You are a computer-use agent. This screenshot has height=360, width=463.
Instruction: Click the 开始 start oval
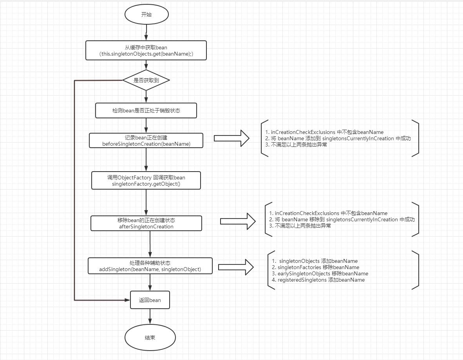pyautogui.click(x=146, y=14)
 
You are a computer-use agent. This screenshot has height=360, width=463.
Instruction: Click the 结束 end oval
pyautogui.click(x=150, y=337)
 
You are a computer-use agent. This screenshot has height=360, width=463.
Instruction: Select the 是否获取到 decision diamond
pyautogui.click(x=146, y=80)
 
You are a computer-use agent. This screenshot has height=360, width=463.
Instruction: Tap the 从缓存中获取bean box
pyautogui.click(x=146, y=51)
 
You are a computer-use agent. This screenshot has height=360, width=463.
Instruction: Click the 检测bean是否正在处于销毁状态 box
pyautogui.click(x=146, y=110)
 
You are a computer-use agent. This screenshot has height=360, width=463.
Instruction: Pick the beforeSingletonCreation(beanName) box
pyautogui.click(x=146, y=141)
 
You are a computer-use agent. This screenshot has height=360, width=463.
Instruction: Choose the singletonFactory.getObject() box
pyautogui.click(x=146, y=180)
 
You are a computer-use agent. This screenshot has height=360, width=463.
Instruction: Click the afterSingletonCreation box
pyautogui.click(x=146, y=223)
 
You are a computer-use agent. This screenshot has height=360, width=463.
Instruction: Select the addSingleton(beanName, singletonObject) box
pyautogui.click(x=150, y=266)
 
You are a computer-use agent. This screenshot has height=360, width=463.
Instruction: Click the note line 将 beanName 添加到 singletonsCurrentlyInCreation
pyautogui.click(x=338, y=138)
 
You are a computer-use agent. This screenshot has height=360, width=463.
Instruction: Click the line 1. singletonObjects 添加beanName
pyautogui.click(x=316, y=261)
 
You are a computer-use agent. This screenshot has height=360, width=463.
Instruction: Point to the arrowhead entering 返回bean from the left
pyautogui.click(x=127, y=300)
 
